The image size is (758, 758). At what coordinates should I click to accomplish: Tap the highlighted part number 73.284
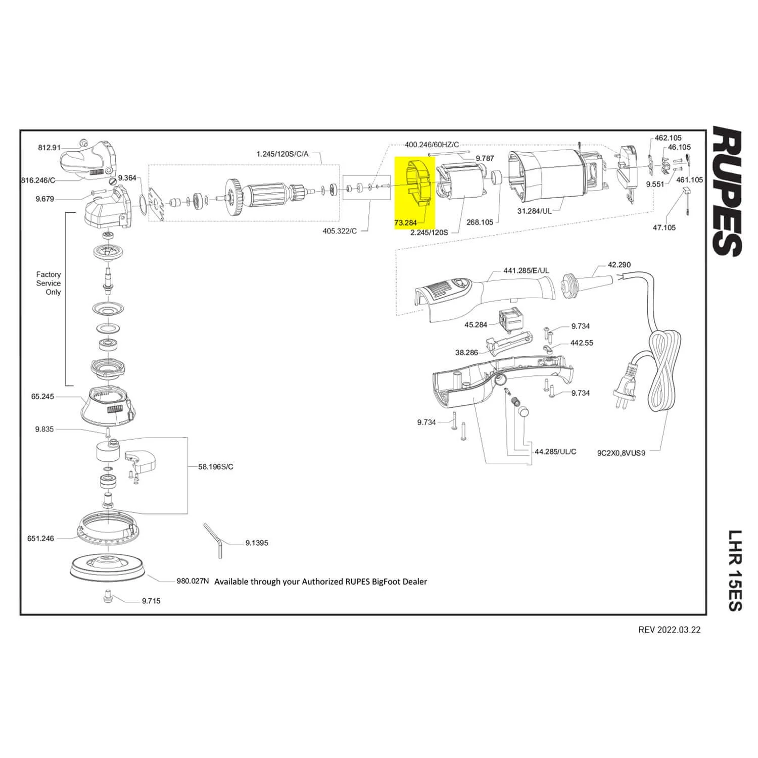[x=406, y=222]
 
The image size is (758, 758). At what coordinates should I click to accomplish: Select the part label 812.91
[x=49, y=148]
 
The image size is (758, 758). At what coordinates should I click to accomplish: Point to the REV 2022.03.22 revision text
[x=670, y=630]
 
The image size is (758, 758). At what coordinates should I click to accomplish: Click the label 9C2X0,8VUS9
[x=621, y=453]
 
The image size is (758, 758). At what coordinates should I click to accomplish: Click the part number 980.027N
[x=193, y=581]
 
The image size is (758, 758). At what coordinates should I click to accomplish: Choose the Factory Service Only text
[x=49, y=283]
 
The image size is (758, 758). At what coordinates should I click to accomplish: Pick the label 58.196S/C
[x=216, y=466]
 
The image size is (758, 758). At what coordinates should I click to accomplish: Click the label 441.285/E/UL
[x=526, y=270]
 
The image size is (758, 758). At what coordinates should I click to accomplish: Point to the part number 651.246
[x=40, y=539]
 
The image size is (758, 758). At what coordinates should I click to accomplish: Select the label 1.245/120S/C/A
[x=282, y=154]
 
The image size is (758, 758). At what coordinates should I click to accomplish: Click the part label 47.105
[x=664, y=227]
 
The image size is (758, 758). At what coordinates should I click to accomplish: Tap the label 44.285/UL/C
[x=555, y=451]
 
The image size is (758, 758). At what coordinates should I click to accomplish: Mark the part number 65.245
[x=42, y=397]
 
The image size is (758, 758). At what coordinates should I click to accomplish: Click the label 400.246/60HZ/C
[x=432, y=145]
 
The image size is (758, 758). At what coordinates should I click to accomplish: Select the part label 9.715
[x=151, y=601]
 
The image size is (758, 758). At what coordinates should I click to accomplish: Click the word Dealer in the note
[x=414, y=582]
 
